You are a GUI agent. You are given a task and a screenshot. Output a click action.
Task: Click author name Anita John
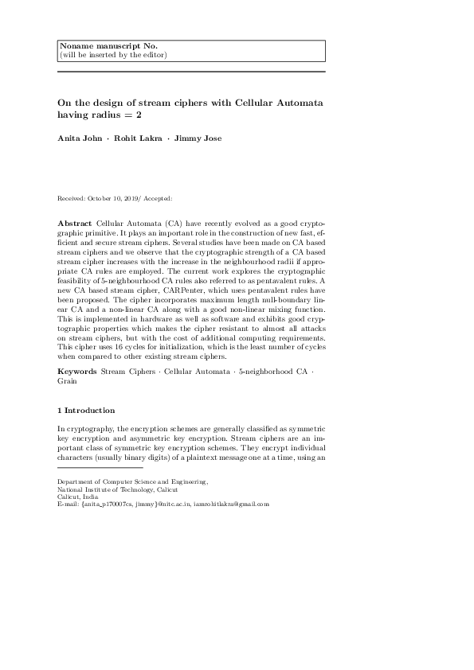tap(78, 138)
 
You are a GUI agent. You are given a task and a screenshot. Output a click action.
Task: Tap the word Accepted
tap(157, 197)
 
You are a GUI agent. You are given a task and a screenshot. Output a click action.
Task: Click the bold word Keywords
tap(78, 372)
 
